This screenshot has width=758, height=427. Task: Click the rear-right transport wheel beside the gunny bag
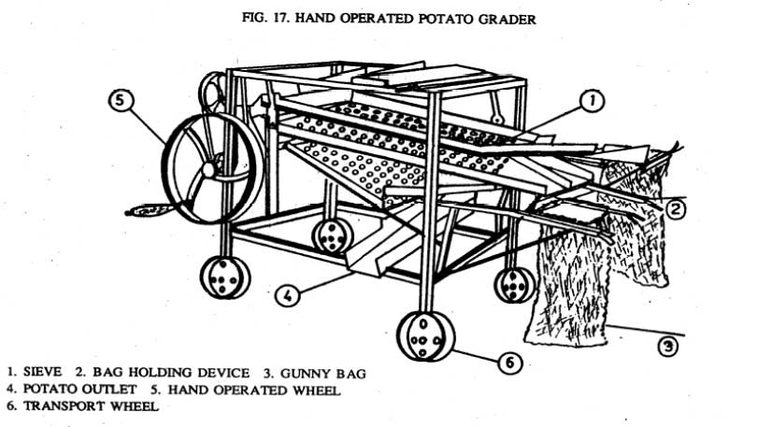point(513,286)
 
